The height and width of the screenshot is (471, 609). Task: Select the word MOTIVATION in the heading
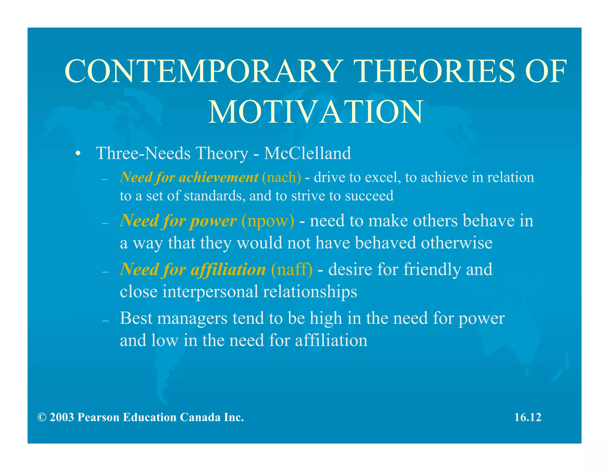point(315,112)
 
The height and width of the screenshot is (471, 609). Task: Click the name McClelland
point(307,153)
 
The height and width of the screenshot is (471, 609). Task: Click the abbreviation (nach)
point(281,177)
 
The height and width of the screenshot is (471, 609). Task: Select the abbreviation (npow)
point(268,221)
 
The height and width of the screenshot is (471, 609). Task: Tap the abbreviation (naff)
point(291,269)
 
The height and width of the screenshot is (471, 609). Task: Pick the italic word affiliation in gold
point(228,269)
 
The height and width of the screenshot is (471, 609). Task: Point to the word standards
point(215,196)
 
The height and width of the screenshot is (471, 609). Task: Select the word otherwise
point(457,243)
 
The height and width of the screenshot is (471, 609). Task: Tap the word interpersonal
point(210,291)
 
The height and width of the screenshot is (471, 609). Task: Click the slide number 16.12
point(528,417)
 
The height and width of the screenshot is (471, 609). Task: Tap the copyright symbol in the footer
point(42,417)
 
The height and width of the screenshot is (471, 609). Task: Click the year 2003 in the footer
point(62,417)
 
